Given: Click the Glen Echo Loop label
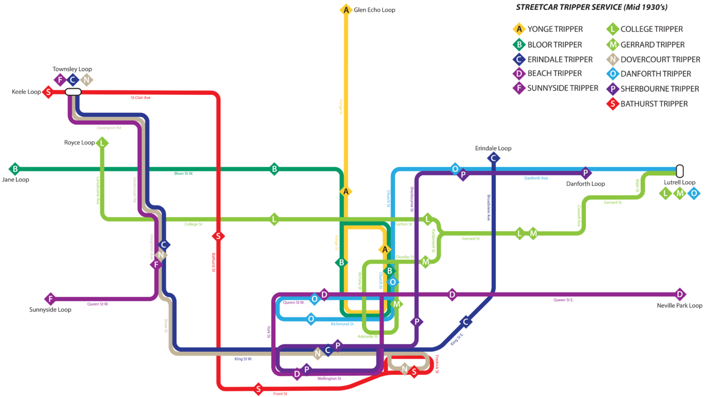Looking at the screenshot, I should click(x=374, y=10).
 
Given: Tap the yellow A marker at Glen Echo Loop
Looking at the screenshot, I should click(x=346, y=10).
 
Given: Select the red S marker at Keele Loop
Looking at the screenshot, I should click(x=48, y=92).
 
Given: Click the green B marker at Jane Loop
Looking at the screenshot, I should click(x=15, y=169).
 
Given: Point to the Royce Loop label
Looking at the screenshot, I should click(x=80, y=143).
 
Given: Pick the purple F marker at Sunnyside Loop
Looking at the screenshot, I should click(x=50, y=299).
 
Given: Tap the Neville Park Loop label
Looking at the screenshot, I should click(x=679, y=305).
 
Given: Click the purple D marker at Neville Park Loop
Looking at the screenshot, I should click(x=680, y=294).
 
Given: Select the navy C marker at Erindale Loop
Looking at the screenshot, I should click(x=493, y=158).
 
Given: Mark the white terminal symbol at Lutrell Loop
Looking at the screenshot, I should click(x=679, y=171).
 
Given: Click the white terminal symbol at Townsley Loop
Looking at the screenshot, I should click(x=73, y=92).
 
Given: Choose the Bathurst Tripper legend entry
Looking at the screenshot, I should click(x=654, y=104).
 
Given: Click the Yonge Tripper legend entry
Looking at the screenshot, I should click(x=555, y=29).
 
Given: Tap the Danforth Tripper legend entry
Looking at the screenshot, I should click(x=655, y=74).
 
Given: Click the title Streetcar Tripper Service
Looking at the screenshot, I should click(x=591, y=8).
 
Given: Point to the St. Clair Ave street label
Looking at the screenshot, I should click(x=140, y=98).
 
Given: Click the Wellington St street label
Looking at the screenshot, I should click(x=329, y=379).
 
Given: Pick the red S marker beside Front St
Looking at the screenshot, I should click(x=258, y=389).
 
